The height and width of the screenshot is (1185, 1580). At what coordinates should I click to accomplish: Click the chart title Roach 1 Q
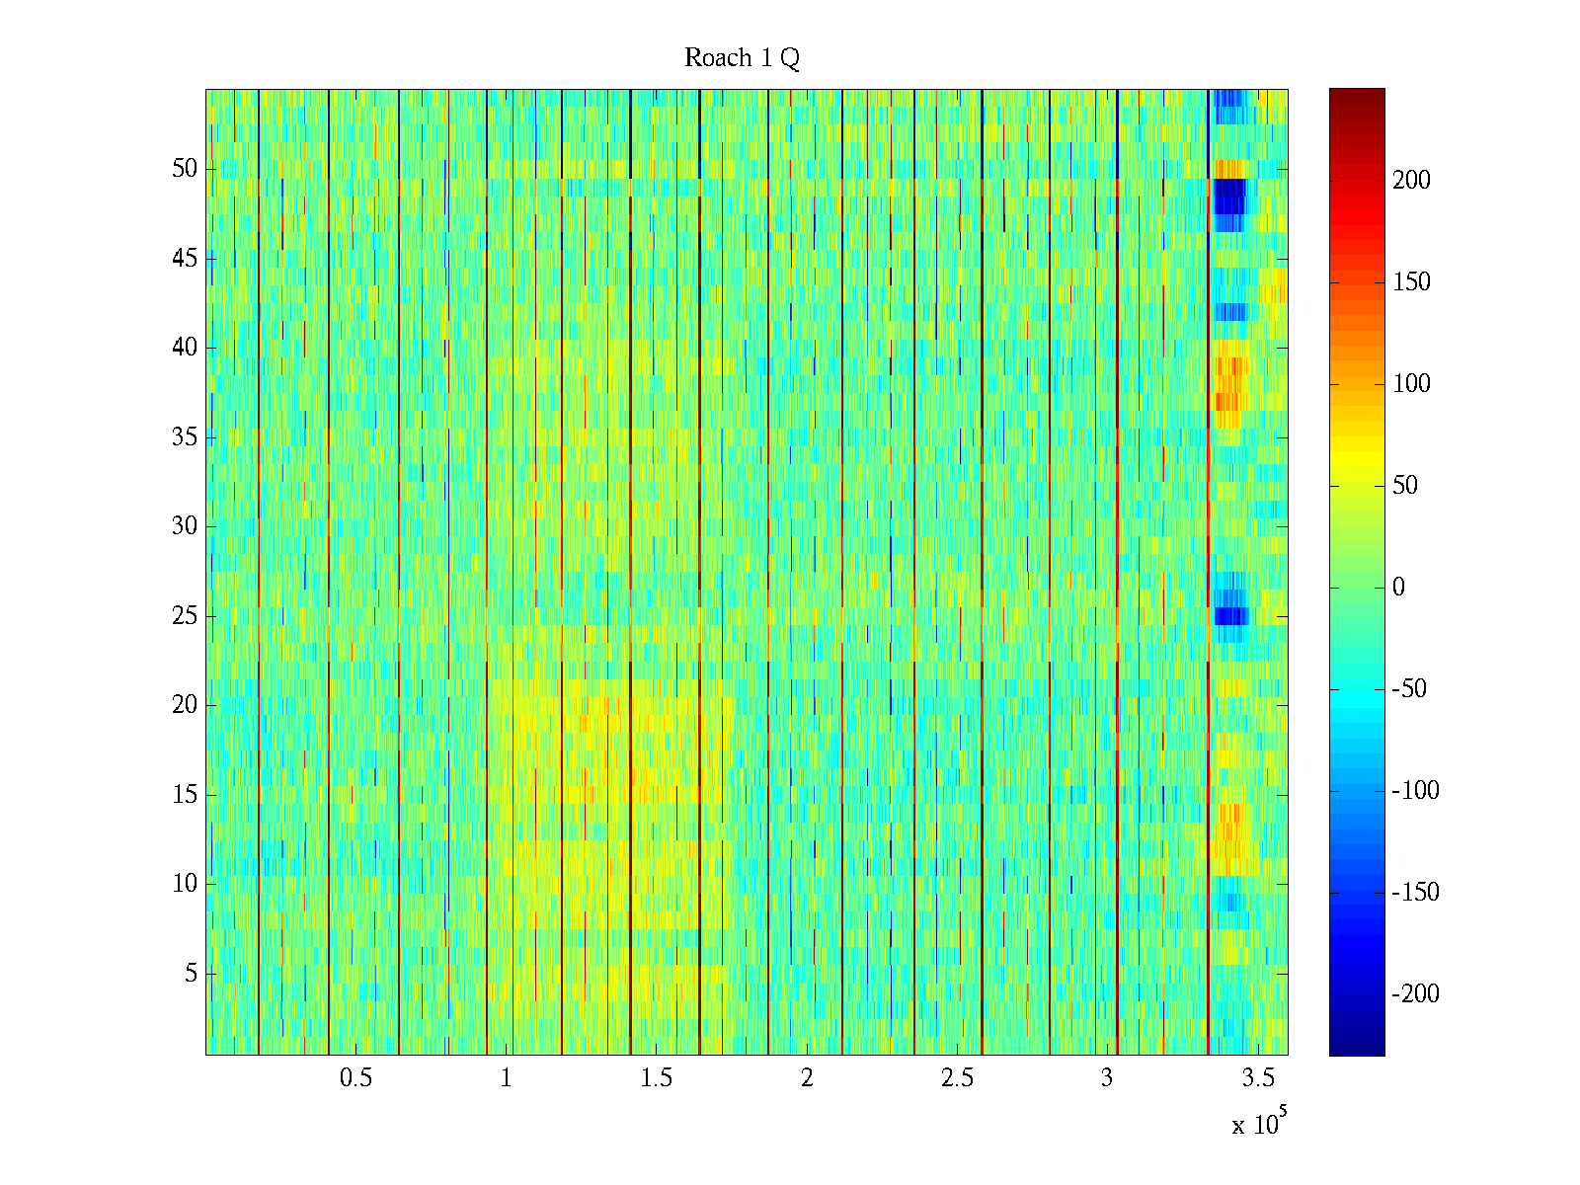tap(742, 59)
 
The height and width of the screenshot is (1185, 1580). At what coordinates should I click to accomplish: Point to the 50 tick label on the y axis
tap(185, 169)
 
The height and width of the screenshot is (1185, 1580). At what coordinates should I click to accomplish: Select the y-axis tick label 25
tap(185, 616)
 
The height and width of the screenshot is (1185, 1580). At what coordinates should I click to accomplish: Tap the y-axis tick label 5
tap(191, 974)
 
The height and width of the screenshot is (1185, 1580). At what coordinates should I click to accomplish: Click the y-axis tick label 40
tap(185, 348)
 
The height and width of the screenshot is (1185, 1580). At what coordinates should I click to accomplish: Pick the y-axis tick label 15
tap(185, 795)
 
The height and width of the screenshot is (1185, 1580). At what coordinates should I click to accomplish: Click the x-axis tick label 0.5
tap(355, 1078)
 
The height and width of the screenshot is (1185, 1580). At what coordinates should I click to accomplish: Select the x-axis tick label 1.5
tap(657, 1078)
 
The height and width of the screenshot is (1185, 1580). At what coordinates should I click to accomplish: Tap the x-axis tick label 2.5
tap(957, 1078)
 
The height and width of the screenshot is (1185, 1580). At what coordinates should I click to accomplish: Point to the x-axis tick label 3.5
tap(1258, 1078)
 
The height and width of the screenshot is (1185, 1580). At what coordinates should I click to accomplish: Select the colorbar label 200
tap(1411, 181)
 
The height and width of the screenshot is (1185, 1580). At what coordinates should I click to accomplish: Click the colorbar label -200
tap(1414, 994)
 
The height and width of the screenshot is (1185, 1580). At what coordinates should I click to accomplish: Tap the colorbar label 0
tap(1398, 588)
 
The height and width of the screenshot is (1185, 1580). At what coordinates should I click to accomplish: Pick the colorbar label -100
tap(1414, 791)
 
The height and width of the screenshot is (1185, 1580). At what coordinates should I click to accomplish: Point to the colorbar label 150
tap(1411, 282)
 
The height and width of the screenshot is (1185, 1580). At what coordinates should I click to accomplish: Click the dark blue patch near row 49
tap(1230, 196)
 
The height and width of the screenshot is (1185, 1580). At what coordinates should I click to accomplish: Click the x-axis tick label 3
tap(1107, 1078)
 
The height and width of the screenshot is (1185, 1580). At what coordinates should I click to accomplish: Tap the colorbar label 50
tap(1405, 486)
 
